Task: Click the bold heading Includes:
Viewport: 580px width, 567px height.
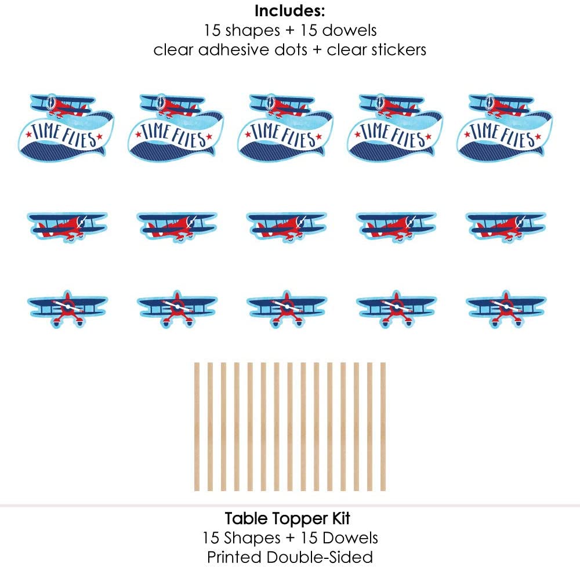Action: coord(289,11)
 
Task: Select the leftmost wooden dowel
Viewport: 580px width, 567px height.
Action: coord(197,427)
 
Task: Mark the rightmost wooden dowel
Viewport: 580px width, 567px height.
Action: coord(383,427)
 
